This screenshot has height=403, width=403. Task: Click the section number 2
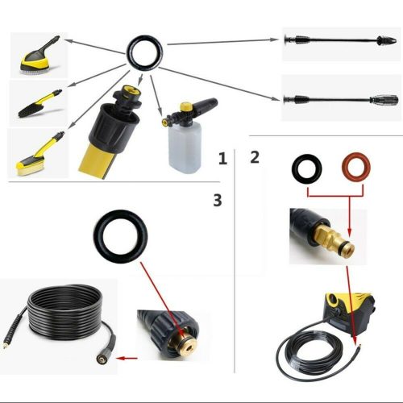pyautogui.click(x=255, y=156)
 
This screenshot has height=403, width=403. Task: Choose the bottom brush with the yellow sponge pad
pyautogui.click(x=35, y=156)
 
